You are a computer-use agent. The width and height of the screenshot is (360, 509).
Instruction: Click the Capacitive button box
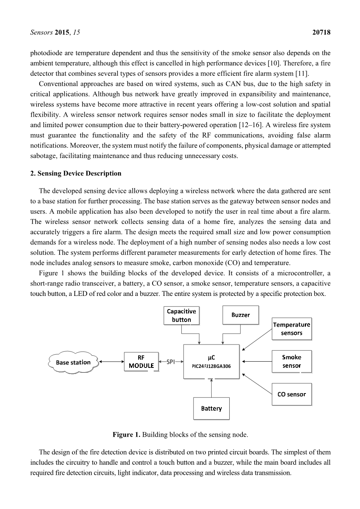pos(181,315)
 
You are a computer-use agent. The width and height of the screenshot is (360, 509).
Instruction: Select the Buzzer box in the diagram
pos(241,315)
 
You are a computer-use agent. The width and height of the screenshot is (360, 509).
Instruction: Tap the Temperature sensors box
pos(292,329)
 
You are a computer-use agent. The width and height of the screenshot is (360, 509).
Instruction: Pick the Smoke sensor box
pos(292,361)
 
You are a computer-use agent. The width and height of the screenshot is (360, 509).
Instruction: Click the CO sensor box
pos(292,394)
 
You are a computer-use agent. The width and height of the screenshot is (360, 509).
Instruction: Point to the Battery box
pos(211,408)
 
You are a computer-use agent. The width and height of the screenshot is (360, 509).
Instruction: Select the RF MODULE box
pos(141,362)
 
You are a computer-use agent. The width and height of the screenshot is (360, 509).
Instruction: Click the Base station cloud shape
pos(73,362)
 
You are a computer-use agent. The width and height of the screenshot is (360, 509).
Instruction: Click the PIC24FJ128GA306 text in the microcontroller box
pos(211,366)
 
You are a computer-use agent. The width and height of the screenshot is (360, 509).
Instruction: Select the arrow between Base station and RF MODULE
pos(111,362)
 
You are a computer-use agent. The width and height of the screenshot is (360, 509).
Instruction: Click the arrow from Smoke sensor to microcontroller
pos(257,362)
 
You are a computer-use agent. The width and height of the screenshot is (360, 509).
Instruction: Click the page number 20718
pos(321,32)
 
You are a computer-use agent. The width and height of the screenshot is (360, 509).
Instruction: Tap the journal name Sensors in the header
pos(41,32)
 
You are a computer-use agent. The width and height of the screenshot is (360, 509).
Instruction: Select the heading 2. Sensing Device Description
pos(76,173)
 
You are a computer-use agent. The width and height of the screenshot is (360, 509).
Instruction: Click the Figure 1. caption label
pos(126,434)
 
